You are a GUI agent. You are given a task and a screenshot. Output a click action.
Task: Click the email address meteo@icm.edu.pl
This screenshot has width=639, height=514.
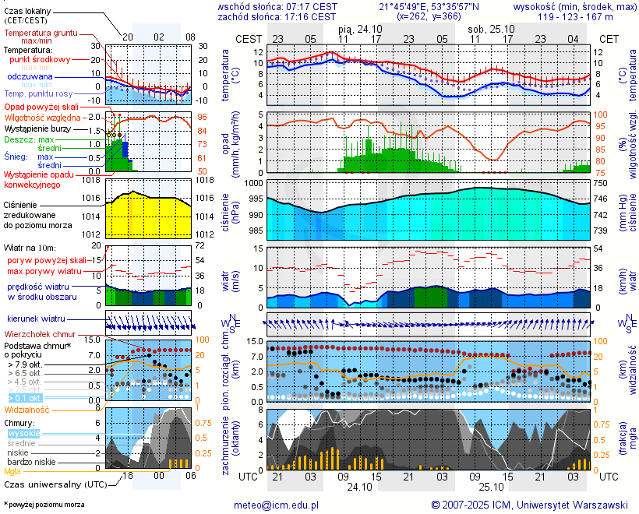pos(277,505)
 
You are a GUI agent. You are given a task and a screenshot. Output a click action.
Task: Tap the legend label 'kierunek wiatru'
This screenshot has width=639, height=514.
pos(36,319)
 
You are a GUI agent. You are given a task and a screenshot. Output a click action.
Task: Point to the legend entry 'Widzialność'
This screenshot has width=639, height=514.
pos(27,409)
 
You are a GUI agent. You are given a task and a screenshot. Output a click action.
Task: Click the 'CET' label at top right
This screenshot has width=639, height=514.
pos(609,38)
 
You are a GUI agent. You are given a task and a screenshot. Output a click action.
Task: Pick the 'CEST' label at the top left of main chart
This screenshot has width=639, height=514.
pos(249,38)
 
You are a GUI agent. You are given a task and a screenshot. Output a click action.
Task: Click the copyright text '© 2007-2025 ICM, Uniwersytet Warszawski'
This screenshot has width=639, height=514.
pos(529,505)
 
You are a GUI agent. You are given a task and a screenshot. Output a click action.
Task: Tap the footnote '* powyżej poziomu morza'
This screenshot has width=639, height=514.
pos(44,505)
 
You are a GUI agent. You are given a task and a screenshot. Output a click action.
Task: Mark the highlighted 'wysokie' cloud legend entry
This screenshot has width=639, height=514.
pos(23,433)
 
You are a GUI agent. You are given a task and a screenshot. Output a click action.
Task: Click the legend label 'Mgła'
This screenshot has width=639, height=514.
pos(12,471)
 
